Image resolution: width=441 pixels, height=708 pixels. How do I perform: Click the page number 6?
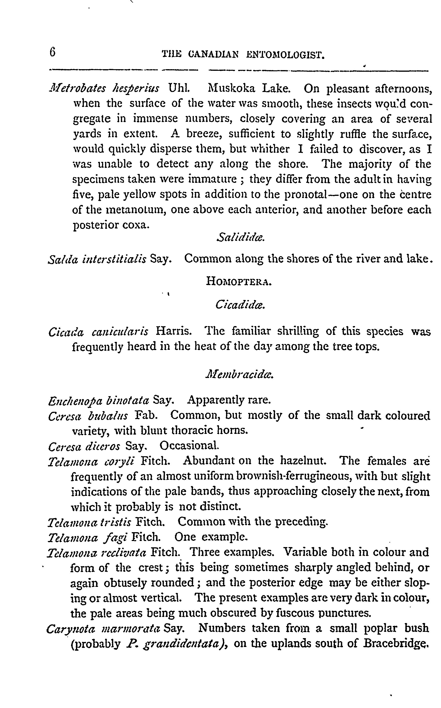52,52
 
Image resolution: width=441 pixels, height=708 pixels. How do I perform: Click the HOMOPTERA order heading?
239,281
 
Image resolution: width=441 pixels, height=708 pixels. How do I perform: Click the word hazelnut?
303,461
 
